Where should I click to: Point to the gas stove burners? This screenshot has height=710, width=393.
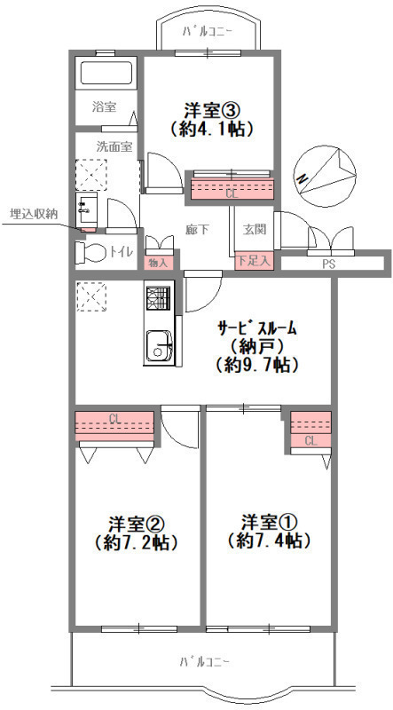(159, 298)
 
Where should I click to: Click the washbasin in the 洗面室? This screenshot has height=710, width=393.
(86, 210)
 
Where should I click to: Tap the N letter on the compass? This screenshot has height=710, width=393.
(302, 179)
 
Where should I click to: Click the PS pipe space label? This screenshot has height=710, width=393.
(329, 264)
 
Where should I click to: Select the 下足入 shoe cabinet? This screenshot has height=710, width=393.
(254, 261)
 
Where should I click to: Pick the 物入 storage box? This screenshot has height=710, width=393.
(159, 263)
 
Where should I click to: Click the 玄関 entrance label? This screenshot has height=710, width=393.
(254, 230)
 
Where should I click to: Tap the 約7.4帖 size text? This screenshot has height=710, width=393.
(269, 540)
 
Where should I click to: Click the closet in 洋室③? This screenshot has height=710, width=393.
(232, 189)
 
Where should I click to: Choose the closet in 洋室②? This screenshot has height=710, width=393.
(114, 426)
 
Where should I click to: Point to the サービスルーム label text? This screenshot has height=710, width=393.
(257, 327)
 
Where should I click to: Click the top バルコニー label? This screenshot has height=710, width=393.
(208, 32)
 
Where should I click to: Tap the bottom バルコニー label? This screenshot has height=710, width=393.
(204, 662)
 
